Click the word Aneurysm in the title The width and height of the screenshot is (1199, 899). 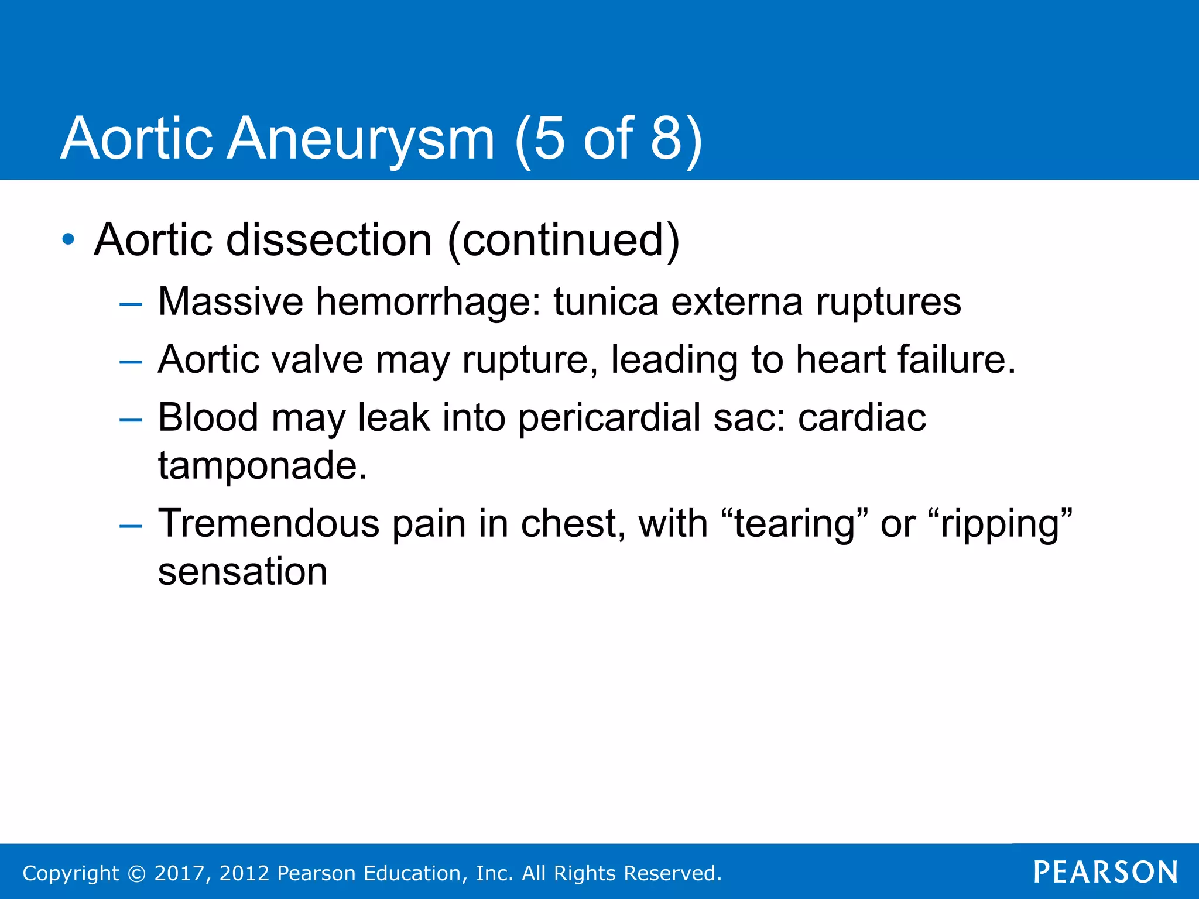click(x=361, y=139)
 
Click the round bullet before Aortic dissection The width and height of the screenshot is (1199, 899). click(x=68, y=239)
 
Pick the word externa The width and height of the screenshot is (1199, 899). click(x=736, y=302)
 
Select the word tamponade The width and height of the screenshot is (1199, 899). click(x=262, y=466)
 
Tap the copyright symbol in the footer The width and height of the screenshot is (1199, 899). click(x=136, y=873)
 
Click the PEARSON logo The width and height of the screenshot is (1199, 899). click(x=1105, y=872)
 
